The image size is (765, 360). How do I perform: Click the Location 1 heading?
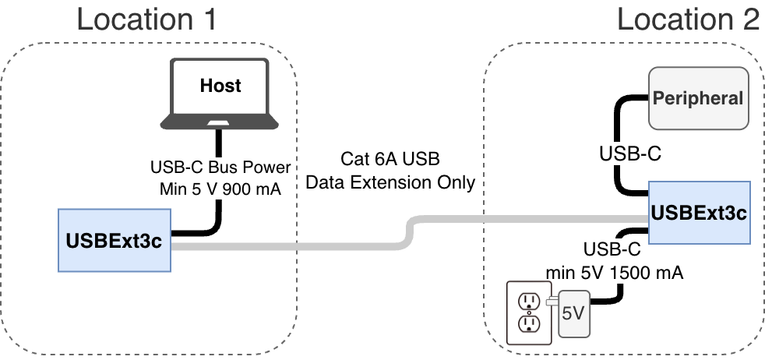(146, 19)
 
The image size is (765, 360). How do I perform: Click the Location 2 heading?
(687, 19)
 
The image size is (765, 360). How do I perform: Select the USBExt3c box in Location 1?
(113, 241)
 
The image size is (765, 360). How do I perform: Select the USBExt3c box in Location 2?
(698, 212)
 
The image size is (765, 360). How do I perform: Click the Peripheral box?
(698, 98)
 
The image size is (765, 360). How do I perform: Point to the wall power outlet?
(527, 312)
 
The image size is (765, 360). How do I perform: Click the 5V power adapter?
(574, 313)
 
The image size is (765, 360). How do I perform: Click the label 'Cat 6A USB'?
(390, 160)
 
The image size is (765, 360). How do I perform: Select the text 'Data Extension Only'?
(390, 182)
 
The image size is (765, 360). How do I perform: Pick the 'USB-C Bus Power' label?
(220, 168)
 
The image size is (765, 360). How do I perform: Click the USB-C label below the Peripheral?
(630, 154)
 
